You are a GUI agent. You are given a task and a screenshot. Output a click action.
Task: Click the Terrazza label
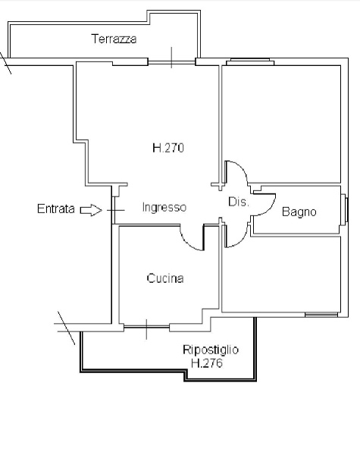114,39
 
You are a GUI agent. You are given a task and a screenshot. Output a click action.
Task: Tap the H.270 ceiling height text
168,148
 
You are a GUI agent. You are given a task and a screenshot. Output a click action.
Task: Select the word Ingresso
164,208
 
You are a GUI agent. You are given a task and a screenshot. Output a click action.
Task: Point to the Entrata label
55,209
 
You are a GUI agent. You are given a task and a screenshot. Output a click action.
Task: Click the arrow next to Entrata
91,210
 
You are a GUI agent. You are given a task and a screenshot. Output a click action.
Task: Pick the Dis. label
239,202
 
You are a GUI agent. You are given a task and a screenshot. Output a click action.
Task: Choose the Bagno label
299,212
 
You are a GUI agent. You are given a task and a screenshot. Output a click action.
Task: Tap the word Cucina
165,278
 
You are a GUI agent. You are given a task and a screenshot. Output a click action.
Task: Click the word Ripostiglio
211,350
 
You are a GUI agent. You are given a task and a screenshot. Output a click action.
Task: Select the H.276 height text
207,363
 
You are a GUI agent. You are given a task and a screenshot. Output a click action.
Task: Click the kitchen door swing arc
187,243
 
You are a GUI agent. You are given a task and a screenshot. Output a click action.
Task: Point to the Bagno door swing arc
268,209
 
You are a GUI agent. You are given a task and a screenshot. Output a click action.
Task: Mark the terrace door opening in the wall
171,62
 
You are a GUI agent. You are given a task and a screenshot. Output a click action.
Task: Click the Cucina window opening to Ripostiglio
146,328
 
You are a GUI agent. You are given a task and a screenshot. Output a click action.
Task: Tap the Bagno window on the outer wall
345,209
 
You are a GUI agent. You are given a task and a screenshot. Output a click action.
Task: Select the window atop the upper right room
250,62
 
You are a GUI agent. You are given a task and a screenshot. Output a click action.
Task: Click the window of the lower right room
321,315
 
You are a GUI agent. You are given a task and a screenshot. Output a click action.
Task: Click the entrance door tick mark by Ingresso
115,210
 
